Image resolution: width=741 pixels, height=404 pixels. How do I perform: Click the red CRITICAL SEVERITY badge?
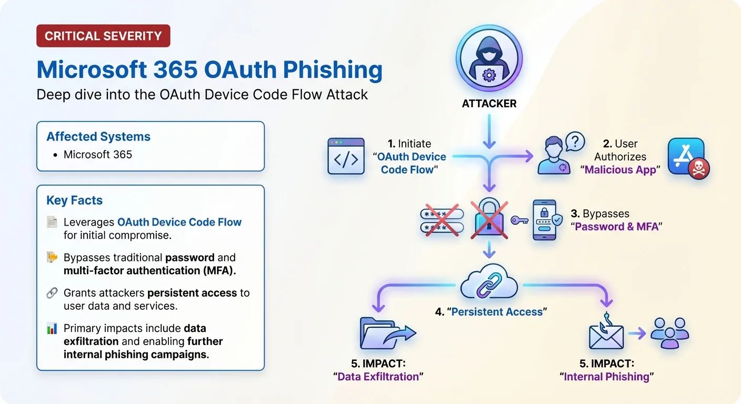click(x=103, y=36)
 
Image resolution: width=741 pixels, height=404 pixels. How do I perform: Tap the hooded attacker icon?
click(x=489, y=58)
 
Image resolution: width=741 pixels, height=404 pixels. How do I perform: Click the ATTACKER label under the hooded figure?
click(x=489, y=104)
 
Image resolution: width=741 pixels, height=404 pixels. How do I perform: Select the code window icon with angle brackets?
click(x=346, y=156)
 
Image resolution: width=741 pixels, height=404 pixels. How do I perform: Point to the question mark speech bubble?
click(x=575, y=141)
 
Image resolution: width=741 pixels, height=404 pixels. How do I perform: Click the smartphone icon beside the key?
click(x=545, y=220)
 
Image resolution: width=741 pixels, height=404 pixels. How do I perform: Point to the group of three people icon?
click(x=669, y=333)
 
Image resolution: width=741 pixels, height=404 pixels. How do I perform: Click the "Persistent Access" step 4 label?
click(x=491, y=312)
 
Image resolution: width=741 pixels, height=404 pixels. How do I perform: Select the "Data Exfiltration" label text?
click(x=378, y=377)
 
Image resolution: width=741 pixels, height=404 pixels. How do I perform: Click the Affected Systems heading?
click(x=98, y=137)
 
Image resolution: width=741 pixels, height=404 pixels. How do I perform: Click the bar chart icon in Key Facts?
click(x=52, y=329)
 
